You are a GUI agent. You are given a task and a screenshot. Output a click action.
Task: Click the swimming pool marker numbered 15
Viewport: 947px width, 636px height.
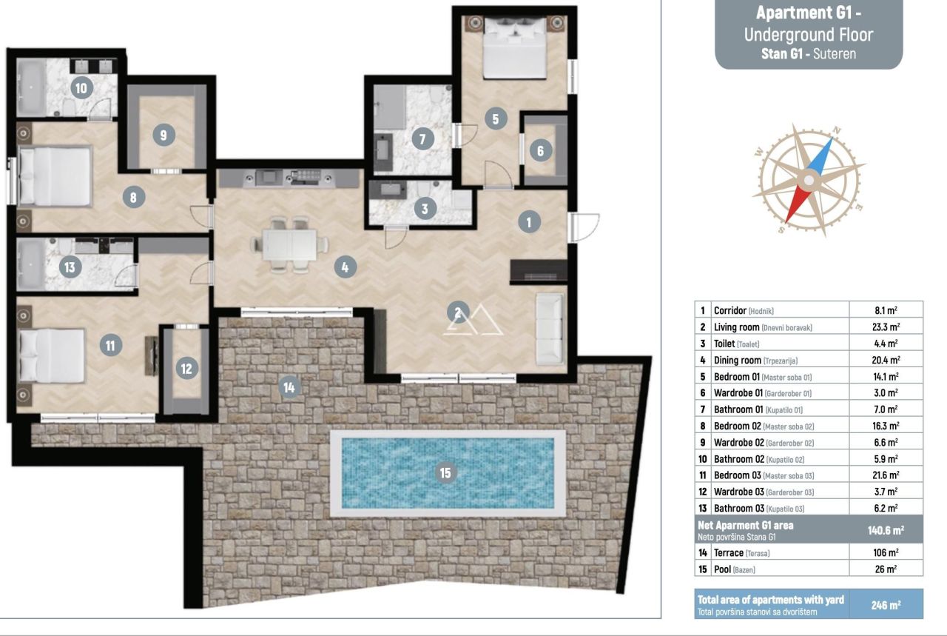(x=445, y=472)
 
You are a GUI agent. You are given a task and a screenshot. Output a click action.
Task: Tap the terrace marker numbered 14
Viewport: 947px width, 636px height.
(x=289, y=386)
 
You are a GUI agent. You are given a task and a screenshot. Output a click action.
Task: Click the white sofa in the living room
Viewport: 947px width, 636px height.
(x=549, y=328)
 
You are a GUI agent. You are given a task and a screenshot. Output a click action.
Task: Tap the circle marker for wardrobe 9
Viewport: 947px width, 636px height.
(x=164, y=135)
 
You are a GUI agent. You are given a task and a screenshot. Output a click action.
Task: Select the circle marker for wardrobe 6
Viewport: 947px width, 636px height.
(x=540, y=151)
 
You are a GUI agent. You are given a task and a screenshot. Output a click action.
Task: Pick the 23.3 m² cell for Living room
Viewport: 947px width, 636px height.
(x=886, y=327)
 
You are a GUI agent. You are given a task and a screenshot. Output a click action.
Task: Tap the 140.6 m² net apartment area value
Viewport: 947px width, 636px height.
(x=886, y=530)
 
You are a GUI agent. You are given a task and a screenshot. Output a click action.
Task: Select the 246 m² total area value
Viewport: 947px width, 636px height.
(x=886, y=604)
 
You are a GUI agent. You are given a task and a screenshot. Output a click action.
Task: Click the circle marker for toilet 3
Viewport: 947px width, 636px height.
(x=424, y=209)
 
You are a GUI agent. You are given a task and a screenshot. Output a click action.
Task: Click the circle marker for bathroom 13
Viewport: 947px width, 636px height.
(x=70, y=267)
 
